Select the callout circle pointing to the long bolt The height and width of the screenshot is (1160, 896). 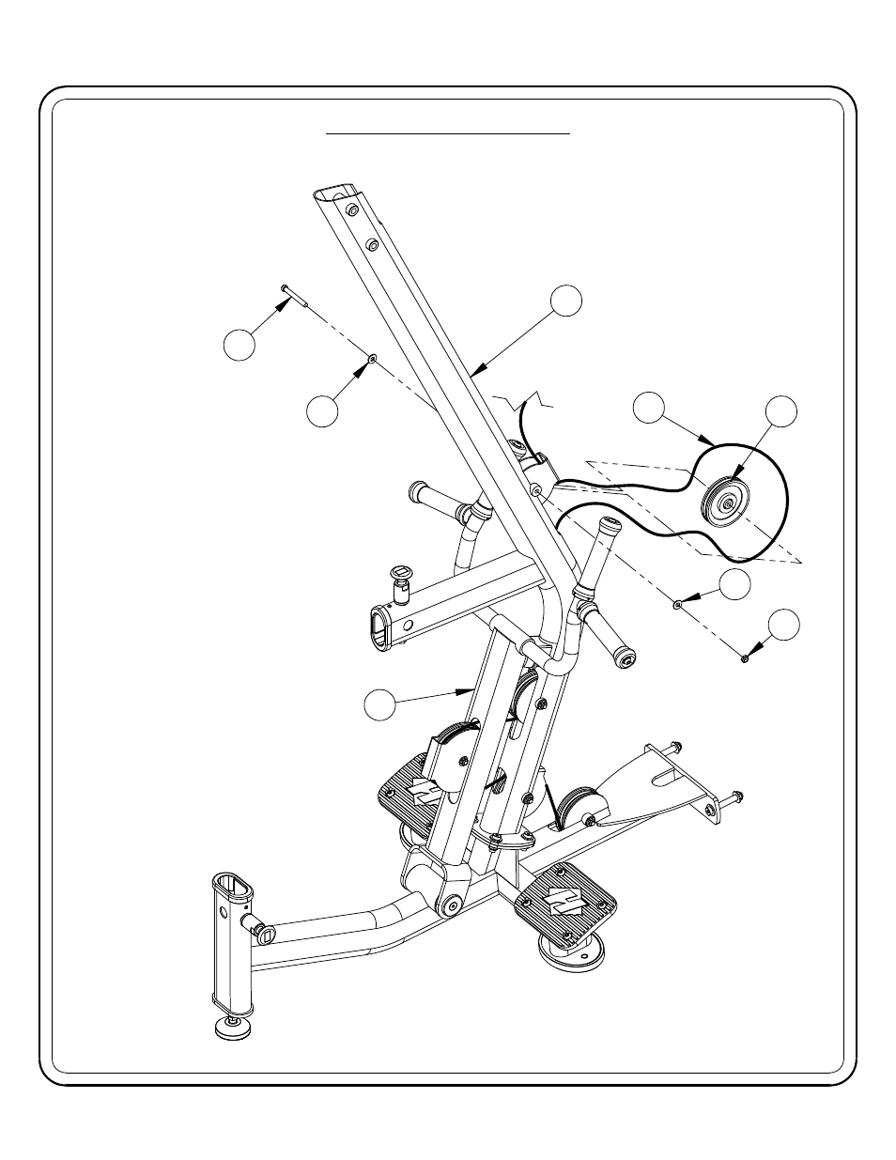[x=240, y=344]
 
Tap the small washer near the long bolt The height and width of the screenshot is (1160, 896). [x=373, y=359]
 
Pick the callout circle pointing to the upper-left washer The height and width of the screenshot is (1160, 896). [x=322, y=411]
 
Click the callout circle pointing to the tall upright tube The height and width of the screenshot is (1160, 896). [x=565, y=300]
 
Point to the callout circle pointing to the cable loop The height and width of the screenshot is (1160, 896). [x=649, y=408]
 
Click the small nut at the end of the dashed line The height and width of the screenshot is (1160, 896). [x=744, y=658]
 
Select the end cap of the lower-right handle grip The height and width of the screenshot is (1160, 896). [x=625, y=660]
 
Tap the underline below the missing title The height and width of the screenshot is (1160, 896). [x=448, y=134]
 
